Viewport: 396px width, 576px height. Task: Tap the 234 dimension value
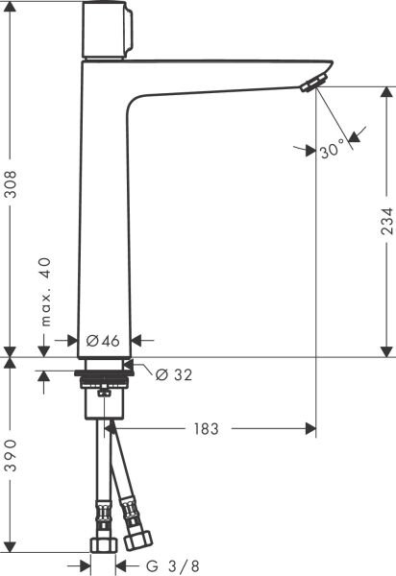click(385, 223)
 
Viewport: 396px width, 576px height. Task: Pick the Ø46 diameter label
click(102, 341)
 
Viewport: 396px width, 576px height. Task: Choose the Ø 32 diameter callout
click(173, 374)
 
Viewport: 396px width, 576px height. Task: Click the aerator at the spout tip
click(309, 86)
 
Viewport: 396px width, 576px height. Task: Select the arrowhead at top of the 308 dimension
click(12, 8)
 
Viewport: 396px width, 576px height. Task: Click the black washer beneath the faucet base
click(101, 368)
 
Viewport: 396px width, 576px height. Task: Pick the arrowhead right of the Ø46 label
click(136, 340)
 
